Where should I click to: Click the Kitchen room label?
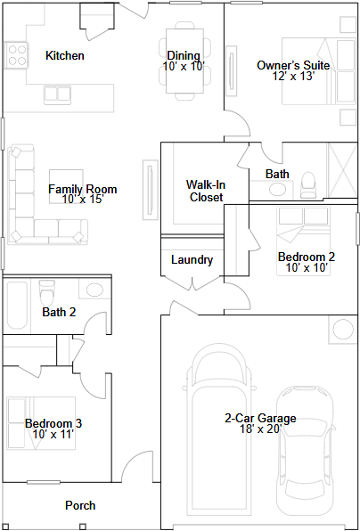click(x=65, y=55)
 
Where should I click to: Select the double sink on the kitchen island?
click(x=57, y=94)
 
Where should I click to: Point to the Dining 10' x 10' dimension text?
click(x=184, y=66)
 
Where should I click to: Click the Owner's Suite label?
click(x=293, y=65)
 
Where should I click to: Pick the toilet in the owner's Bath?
click(x=307, y=185)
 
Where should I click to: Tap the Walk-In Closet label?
click(x=206, y=191)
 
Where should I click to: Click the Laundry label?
click(x=192, y=260)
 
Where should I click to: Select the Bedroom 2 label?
click(x=307, y=257)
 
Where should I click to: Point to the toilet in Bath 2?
click(x=46, y=291)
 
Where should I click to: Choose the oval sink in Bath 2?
click(x=94, y=290)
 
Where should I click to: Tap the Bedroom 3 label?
click(x=53, y=423)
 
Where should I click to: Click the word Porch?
click(x=80, y=505)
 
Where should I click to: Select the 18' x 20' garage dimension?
click(x=261, y=429)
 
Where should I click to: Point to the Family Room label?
click(x=82, y=189)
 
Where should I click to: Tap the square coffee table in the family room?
click(x=66, y=186)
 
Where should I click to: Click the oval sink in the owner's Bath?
click(x=277, y=189)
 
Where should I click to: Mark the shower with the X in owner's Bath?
click(x=343, y=170)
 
